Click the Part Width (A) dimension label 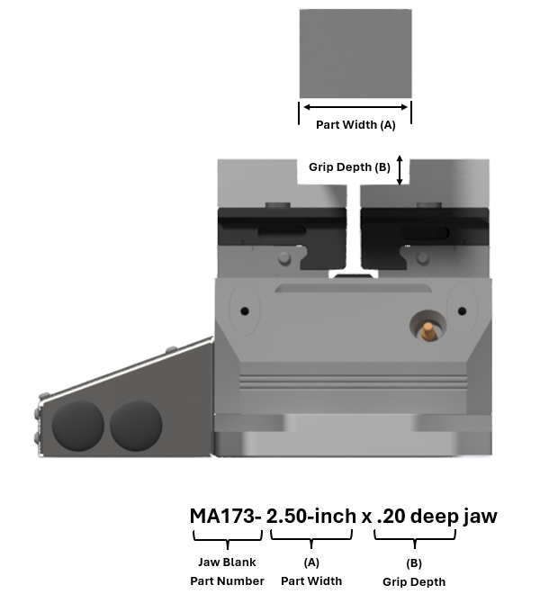[x=355, y=125]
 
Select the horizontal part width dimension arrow [x=355, y=107]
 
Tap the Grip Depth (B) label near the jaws [x=349, y=167]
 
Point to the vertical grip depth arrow [x=400, y=169]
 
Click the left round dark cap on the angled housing [x=78, y=426]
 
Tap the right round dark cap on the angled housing [x=136, y=426]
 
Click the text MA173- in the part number [x=225, y=517]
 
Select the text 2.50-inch [x=310, y=517]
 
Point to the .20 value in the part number [x=391, y=517]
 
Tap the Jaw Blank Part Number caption [x=227, y=571]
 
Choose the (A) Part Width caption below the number [x=311, y=571]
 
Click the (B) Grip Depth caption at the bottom [x=414, y=572]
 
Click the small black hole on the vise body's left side [x=244, y=311]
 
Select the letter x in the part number [x=367, y=518]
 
